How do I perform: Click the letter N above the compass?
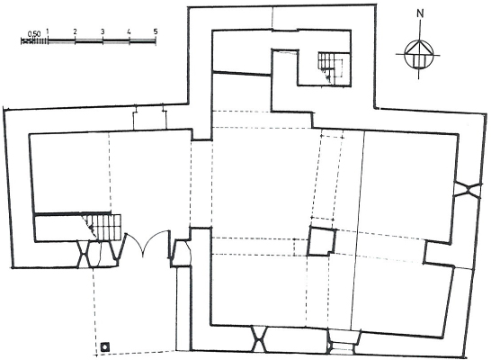(x=420, y=13)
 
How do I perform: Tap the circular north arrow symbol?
(x=419, y=55)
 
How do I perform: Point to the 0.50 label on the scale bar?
(x=34, y=33)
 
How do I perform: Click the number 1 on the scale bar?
(x=48, y=31)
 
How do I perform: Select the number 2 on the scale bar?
(x=76, y=31)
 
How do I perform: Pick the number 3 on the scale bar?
(x=103, y=31)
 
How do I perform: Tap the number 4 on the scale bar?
(x=129, y=31)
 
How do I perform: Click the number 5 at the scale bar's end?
(x=156, y=31)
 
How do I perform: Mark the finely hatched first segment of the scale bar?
(x=34, y=40)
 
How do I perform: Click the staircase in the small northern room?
(x=330, y=68)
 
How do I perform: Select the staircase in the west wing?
(x=102, y=227)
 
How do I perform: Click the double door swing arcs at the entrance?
(x=146, y=243)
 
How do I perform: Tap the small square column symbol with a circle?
(x=105, y=346)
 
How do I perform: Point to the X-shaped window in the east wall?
(x=468, y=189)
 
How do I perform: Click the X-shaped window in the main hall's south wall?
(x=259, y=339)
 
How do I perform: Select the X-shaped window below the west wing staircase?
(x=85, y=254)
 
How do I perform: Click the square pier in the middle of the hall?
(x=322, y=242)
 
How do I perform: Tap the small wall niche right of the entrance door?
(x=181, y=253)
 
